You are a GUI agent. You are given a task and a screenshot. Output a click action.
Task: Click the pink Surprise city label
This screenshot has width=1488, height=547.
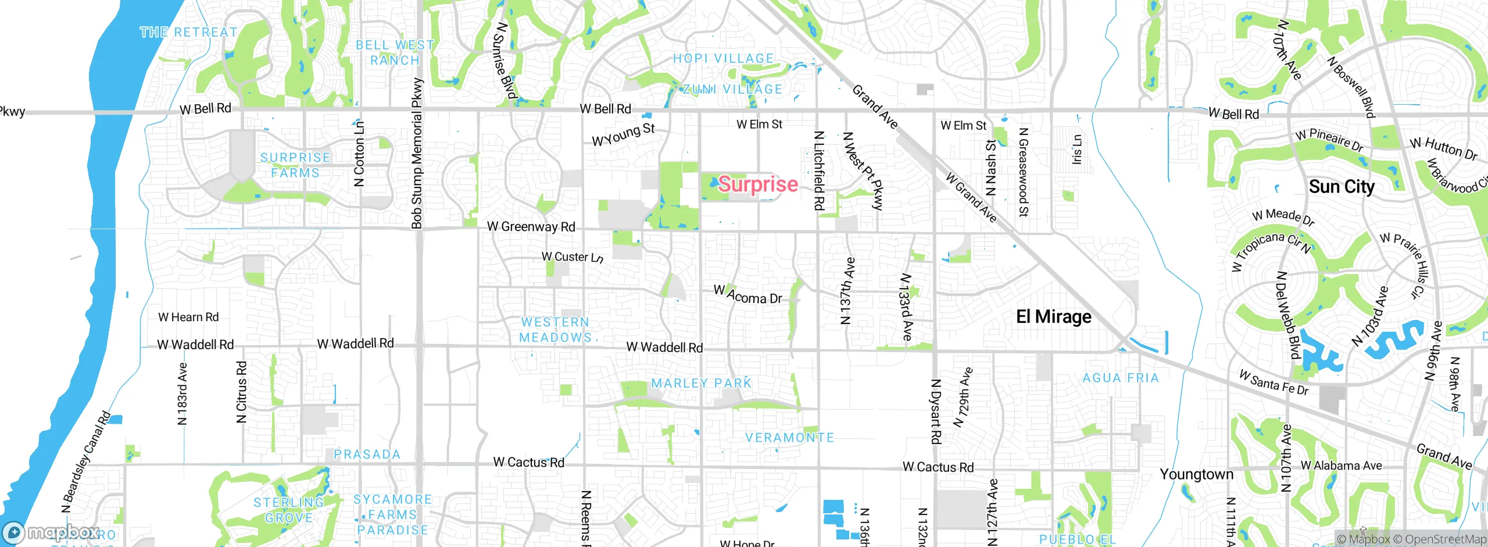coord(758,184)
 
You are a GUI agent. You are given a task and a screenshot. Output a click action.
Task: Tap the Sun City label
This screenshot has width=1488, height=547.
coord(1342,187)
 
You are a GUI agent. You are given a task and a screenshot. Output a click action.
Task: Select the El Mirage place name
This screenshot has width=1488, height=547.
coord(1053,317)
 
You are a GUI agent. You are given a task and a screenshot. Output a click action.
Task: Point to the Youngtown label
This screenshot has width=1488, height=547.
coord(1196,474)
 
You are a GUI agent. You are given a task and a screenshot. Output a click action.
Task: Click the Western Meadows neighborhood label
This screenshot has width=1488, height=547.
coord(555,330)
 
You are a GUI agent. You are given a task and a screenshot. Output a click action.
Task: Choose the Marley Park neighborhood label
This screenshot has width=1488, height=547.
coord(702,383)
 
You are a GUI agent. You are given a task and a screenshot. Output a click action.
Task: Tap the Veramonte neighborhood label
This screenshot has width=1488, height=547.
coord(789,438)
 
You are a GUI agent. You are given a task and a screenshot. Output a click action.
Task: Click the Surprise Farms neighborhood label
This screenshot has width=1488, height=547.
coord(295,165)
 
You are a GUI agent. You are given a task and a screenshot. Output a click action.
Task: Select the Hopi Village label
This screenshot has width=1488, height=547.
coord(723,58)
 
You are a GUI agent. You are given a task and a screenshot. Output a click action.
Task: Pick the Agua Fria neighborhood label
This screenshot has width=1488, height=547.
coord(1121,378)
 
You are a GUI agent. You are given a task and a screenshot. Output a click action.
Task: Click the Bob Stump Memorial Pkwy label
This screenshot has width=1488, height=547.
coord(417,154)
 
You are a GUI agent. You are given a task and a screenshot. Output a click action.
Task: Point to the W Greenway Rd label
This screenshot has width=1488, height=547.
coord(531,226)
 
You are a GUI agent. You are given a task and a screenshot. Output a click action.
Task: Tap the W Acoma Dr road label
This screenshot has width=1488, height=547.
coord(747,295)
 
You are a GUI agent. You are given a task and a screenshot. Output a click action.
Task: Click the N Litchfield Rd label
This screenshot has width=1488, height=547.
coord(818,170)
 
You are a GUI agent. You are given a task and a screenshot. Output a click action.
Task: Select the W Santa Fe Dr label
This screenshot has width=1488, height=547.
coord(1274,383)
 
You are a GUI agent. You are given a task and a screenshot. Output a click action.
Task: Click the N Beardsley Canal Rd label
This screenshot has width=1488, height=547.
coord(86,463)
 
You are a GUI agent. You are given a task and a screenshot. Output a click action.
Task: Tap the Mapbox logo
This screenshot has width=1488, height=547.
coord(51,532)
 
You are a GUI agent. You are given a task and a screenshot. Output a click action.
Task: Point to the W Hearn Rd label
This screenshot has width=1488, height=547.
coord(188,317)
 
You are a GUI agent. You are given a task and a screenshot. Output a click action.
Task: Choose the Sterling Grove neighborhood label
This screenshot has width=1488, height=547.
coord(288,510)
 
